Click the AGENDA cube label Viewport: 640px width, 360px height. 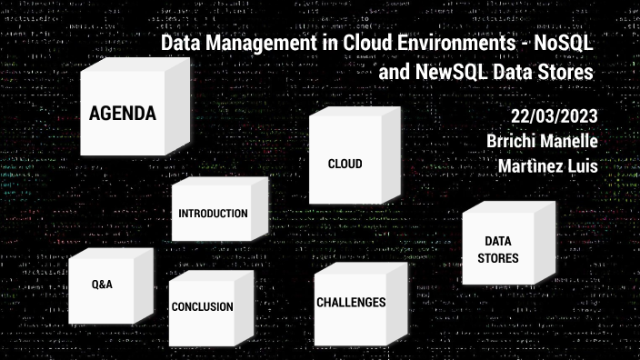pos(123,115)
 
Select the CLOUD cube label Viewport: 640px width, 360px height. pos(345,165)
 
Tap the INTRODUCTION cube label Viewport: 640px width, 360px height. pos(214,214)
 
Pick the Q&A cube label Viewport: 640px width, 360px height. pos(102,285)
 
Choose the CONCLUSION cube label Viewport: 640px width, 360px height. pos(203,307)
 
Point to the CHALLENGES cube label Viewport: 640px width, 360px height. pos(351,303)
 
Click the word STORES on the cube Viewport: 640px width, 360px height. pos(498,258)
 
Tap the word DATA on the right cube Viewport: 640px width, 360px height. pos(496,242)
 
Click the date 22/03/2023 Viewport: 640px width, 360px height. pos(553,118)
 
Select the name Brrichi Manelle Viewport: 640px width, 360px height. pos(542,143)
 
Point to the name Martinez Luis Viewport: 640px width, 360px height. pos(547,166)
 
